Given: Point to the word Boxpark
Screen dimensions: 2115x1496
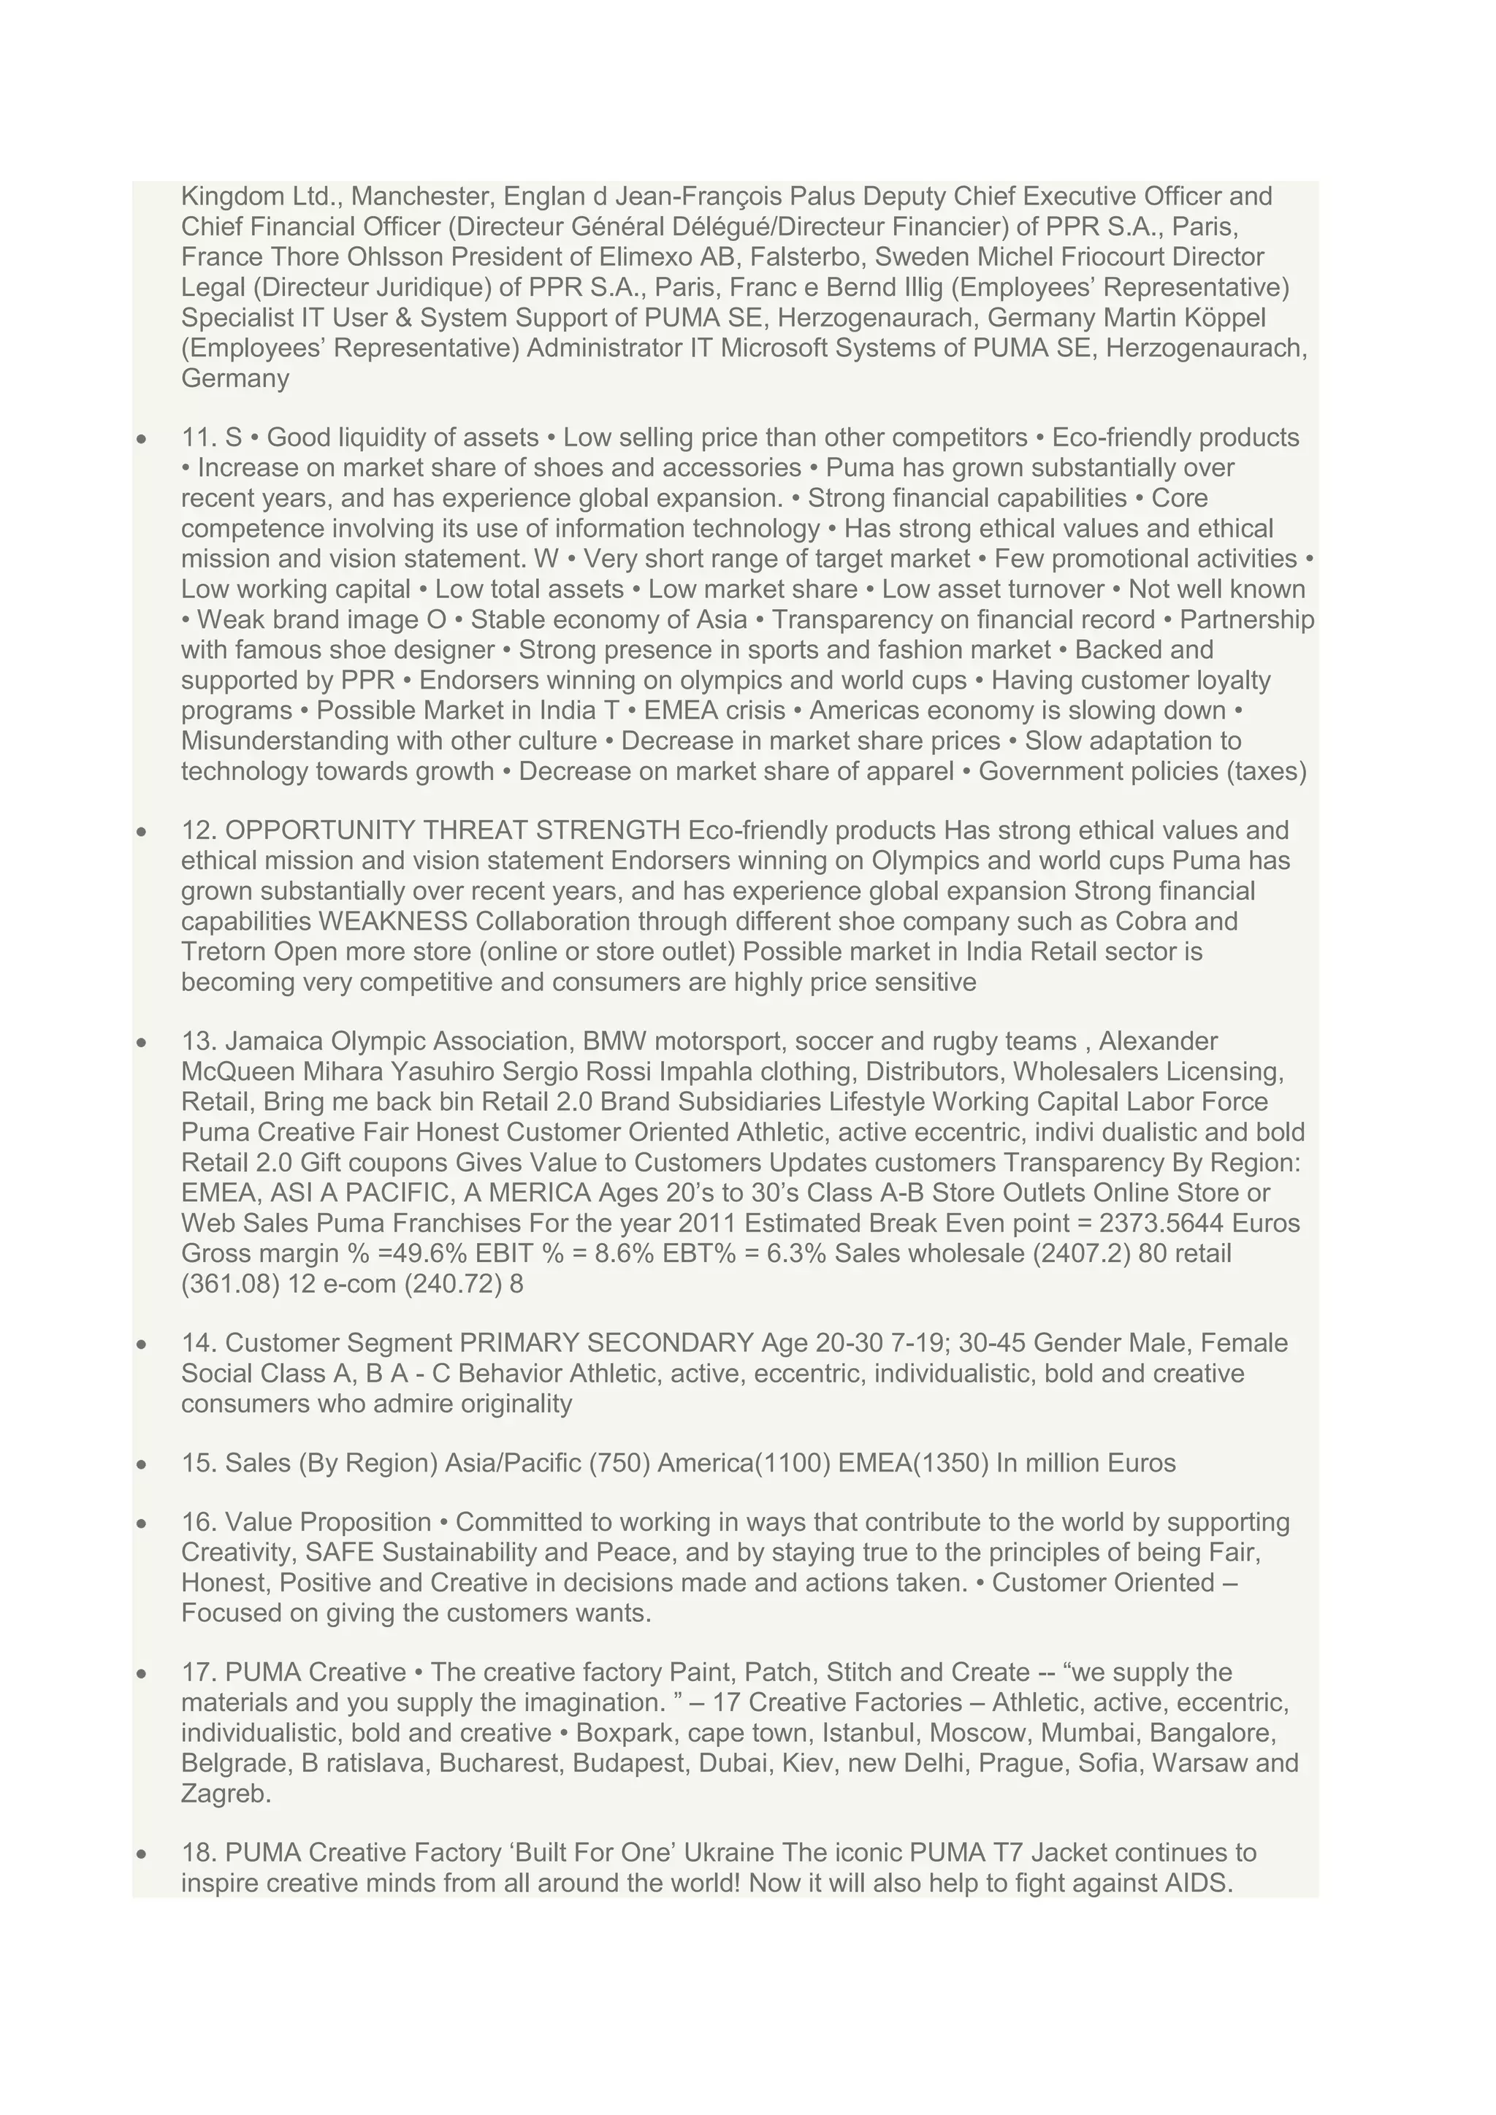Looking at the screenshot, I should (x=622, y=1734).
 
